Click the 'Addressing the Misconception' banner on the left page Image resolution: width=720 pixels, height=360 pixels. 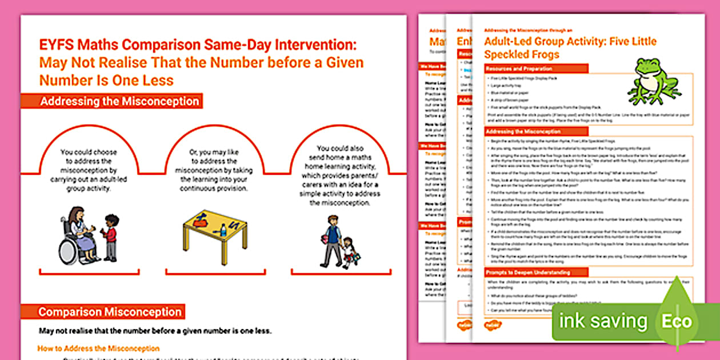pyautogui.click(x=119, y=102)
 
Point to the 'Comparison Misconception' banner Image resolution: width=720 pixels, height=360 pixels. pyautogui.click(x=110, y=312)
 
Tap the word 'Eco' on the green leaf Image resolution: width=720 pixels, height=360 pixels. pyautogui.click(x=677, y=321)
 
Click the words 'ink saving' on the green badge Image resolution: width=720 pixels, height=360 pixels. pyautogui.click(x=603, y=321)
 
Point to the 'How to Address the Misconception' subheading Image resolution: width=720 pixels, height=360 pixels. pyautogui.click(x=98, y=348)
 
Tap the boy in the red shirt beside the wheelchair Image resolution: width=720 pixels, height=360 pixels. pyautogui.click(x=109, y=237)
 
